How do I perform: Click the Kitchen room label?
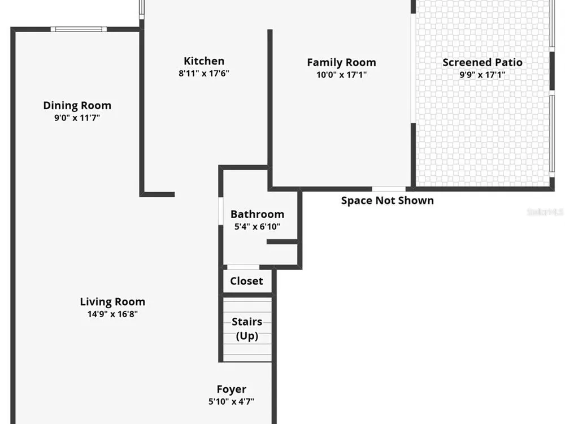pos(204,61)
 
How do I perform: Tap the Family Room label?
pos(342,62)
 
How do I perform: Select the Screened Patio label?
pos(483,62)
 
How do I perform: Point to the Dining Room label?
pos(77,105)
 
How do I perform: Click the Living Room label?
pos(112,301)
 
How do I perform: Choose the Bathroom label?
pos(257,214)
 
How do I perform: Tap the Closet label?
pos(246,281)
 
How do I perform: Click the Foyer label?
pos(231,390)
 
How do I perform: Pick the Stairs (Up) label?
pos(247,328)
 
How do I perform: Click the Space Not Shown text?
pos(388,201)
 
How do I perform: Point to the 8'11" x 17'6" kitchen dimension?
pos(204,73)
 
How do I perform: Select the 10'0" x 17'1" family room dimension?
pos(342,75)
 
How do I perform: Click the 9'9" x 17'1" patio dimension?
pos(483,75)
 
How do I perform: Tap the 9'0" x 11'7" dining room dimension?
pos(77,118)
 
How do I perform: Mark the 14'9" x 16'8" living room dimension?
pos(112,314)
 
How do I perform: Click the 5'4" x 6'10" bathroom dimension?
pos(257,227)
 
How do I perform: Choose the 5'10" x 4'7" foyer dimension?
pos(231,401)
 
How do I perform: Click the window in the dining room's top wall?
pos(79,29)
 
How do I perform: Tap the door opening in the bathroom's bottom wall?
pos(243,267)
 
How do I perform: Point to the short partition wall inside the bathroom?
pos(282,241)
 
